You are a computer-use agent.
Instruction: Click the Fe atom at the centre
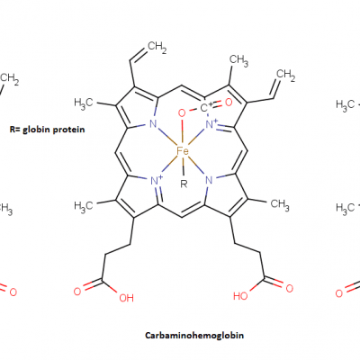pyautogui.click(x=183, y=151)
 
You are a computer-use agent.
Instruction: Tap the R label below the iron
pyautogui.click(x=184, y=184)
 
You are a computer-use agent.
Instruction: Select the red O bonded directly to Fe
pyautogui.click(x=182, y=113)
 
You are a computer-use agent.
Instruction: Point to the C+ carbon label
pyautogui.click(x=206, y=107)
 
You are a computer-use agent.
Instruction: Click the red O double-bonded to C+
pyautogui.click(x=229, y=103)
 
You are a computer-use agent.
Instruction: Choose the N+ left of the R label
pyautogui.click(x=157, y=180)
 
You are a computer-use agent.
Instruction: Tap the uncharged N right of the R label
pyautogui.click(x=209, y=180)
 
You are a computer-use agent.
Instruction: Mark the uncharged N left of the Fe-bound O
pyautogui.click(x=153, y=123)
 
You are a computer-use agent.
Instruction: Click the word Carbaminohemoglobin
pyautogui.click(x=194, y=335)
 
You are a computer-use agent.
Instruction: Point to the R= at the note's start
pyautogui.click(x=15, y=130)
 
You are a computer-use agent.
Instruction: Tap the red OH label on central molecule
pyautogui.click(x=126, y=298)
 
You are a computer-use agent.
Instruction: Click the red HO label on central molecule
pyautogui.click(x=240, y=296)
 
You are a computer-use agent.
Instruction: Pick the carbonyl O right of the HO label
pyautogui.click(x=289, y=289)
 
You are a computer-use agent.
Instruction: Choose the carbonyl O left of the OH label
pyautogui.click(x=77, y=291)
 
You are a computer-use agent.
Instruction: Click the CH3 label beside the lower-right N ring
pyautogui.click(x=280, y=204)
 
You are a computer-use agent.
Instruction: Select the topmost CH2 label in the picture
pyautogui.click(x=157, y=47)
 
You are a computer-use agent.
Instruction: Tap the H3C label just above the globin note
pyautogui.click(x=84, y=103)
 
